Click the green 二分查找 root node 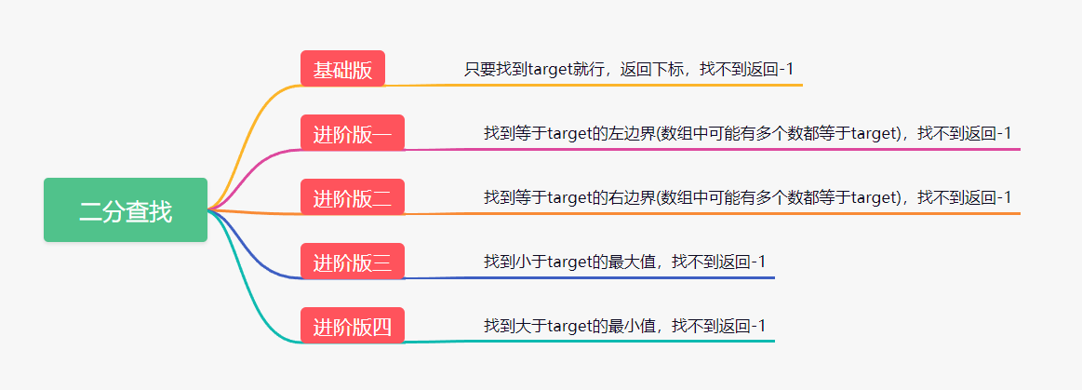tap(126, 209)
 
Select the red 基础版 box tap(342, 68)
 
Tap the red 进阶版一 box tap(352, 132)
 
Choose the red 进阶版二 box tap(352, 196)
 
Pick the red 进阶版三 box tap(352, 261)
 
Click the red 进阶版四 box tap(352, 325)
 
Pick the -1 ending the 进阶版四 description tap(756, 326)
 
